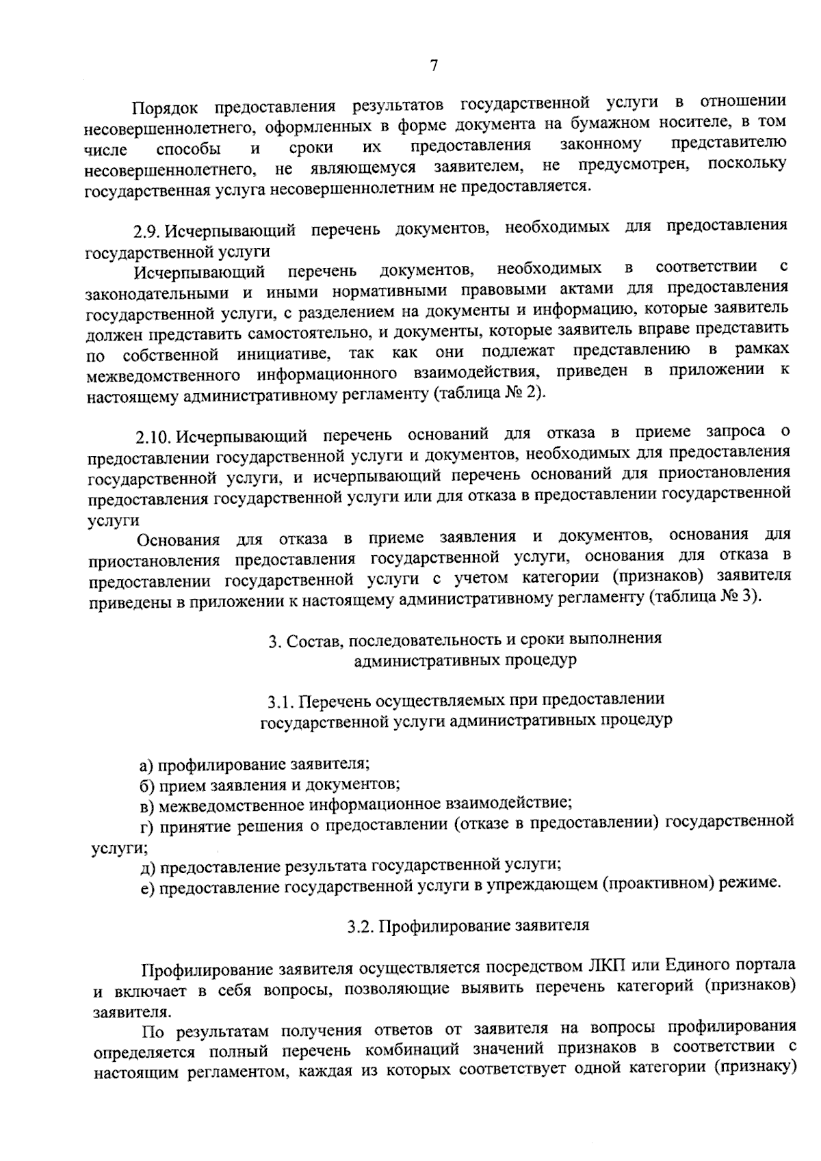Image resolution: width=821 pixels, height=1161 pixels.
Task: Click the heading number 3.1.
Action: [x=280, y=701]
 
